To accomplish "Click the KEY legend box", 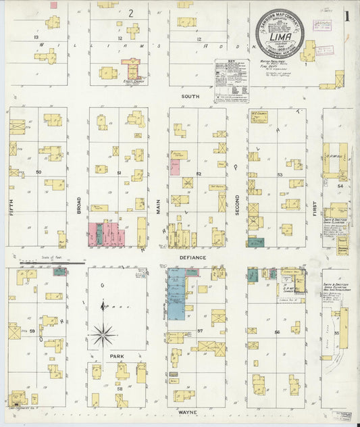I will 231,80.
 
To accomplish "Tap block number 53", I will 279,174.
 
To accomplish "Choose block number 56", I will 277,332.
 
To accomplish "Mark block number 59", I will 32,331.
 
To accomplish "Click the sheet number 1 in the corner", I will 346,16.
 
